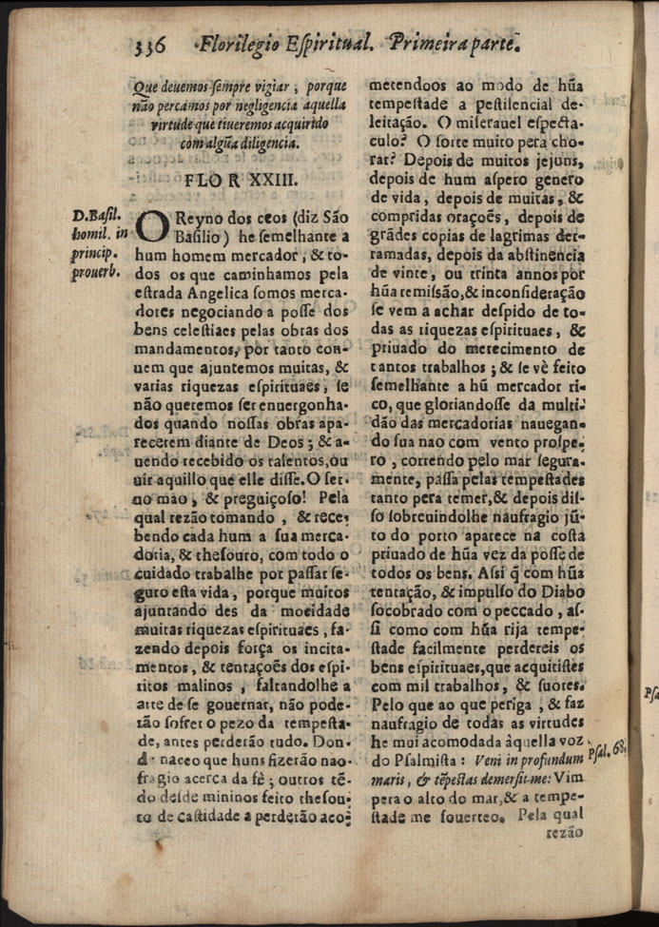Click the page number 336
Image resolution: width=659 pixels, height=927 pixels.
click(148, 44)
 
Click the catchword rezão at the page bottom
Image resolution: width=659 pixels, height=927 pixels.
click(564, 831)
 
